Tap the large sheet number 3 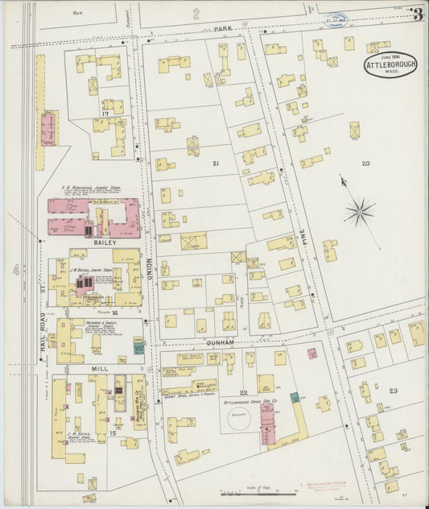point(417,14)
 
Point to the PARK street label point(223,28)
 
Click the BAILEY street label point(105,242)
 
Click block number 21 point(215,163)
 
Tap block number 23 point(392,391)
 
